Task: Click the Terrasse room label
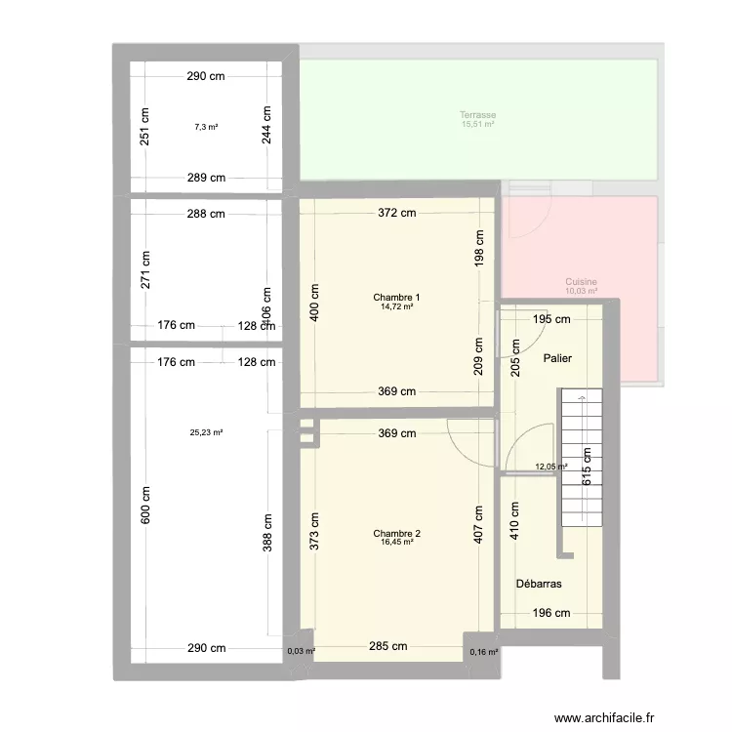pos(478,115)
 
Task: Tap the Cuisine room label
pos(581,282)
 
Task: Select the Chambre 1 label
pos(396,298)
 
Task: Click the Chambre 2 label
pos(396,534)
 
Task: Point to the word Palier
pos(557,359)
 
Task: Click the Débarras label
pos(538,584)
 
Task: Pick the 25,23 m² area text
pos(206,432)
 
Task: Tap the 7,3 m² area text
pos(206,127)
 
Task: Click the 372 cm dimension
pos(397,214)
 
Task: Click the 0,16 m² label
pos(483,652)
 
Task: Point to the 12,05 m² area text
pos(551,467)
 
